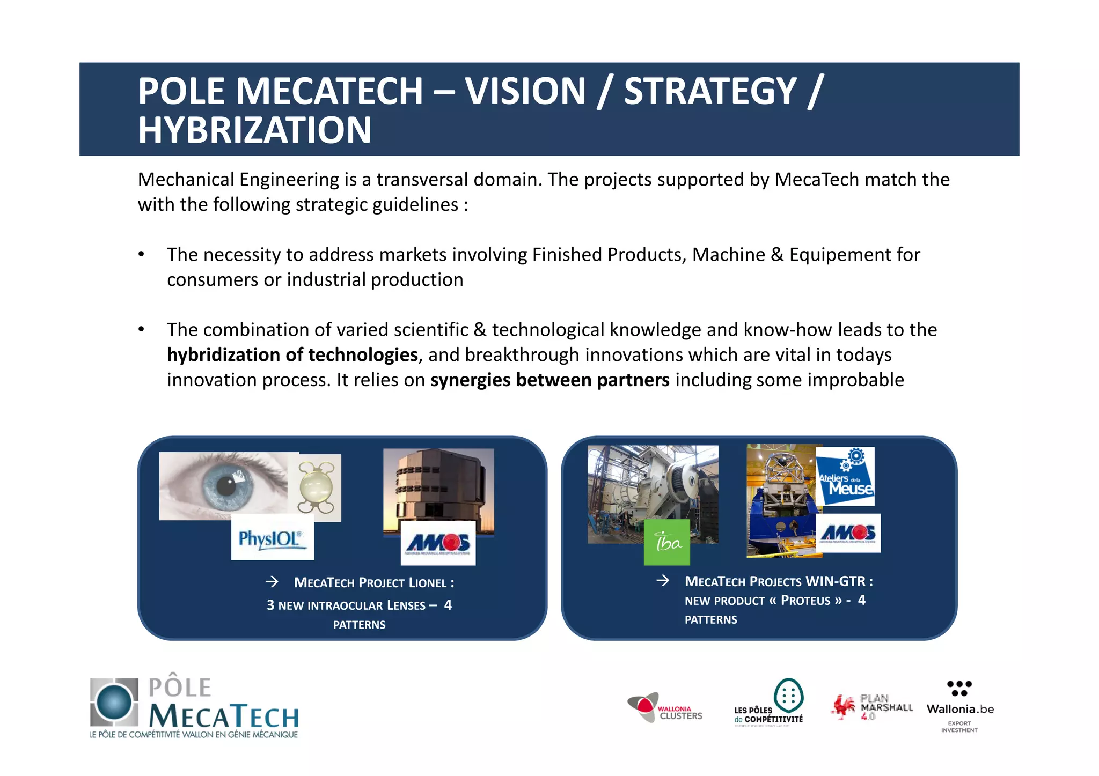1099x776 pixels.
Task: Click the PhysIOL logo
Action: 272,538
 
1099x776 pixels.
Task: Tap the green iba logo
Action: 666,542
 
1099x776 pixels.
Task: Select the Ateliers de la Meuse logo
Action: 845,476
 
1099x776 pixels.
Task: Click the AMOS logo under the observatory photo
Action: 438,543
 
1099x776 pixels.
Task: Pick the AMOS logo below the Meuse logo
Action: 848,533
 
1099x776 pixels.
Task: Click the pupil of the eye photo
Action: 226,486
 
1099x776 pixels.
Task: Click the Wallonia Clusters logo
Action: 665,708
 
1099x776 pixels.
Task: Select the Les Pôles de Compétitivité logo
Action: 769,703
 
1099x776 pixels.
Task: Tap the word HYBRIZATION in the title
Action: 254,130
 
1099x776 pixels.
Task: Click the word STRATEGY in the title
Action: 710,91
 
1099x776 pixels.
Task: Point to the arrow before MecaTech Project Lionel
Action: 272,582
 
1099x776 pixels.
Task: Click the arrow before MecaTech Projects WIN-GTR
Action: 663,580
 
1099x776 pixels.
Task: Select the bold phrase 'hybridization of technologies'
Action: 292,355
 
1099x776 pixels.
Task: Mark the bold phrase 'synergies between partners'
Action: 549,380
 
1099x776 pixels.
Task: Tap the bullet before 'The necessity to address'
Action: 141,254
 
